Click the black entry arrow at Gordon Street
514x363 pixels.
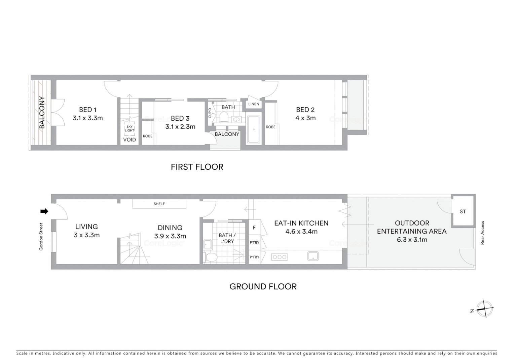pos(44,211)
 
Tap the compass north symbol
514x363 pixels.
pos(484,309)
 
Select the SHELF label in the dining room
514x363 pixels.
pos(159,204)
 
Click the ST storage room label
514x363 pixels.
pos(463,211)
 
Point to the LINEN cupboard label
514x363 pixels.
pos(254,104)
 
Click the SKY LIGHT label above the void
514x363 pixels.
pos(130,129)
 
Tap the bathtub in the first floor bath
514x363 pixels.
pos(254,129)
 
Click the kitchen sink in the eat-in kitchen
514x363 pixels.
pos(313,256)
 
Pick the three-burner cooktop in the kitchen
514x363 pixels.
pos(280,257)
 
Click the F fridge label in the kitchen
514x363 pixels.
pos(254,228)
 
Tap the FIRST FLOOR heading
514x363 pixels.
pos(197,167)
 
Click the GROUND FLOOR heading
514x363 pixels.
pos(263,286)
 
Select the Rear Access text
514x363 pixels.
pos(482,233)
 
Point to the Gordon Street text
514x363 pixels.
pos(41,237)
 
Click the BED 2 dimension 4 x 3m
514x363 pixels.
pos(305,118)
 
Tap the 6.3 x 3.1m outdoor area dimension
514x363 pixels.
pos(412,240)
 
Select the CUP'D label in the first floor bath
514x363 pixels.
pos(210,113)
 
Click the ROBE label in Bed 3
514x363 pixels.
pos(147,136)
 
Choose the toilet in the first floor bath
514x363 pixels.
pos(224,117)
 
